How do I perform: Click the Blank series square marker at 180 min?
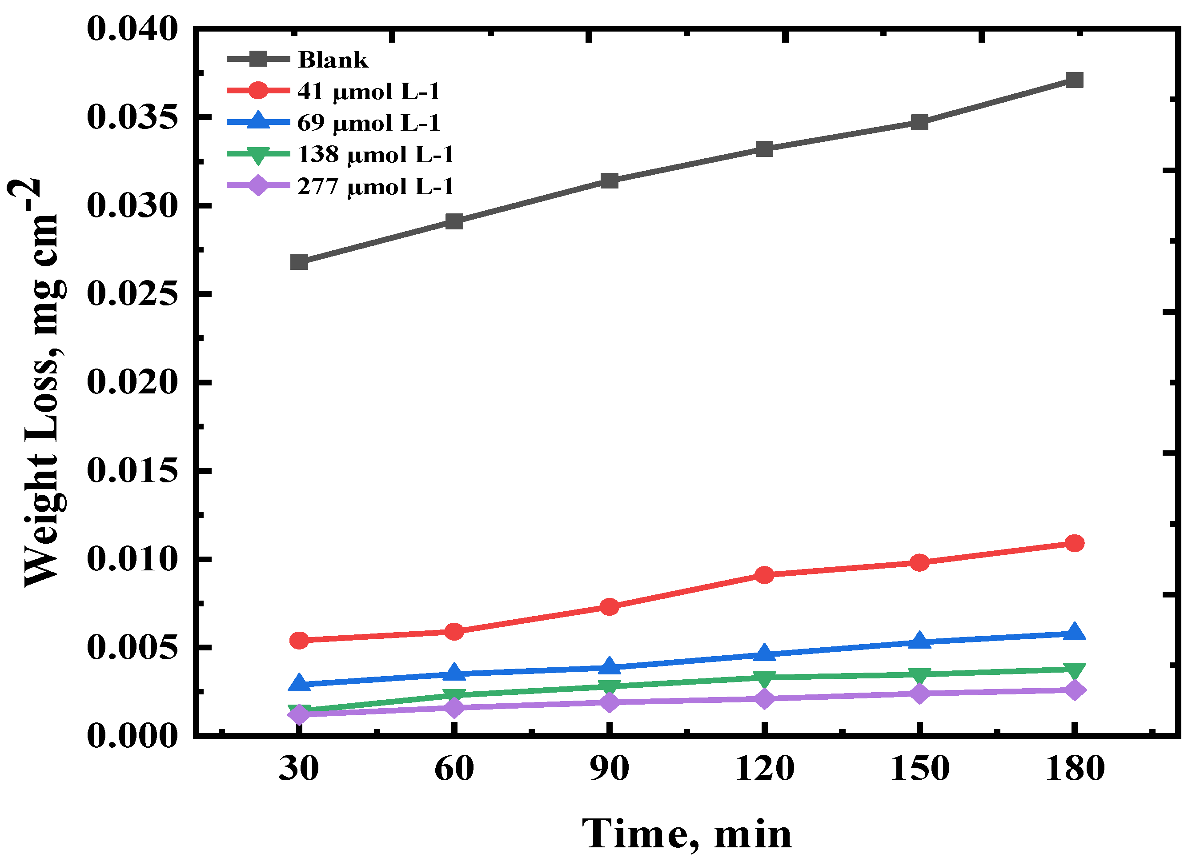tap(1074, 80)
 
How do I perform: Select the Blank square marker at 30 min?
tap(299, 262)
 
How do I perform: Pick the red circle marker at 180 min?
tap(1074, 543)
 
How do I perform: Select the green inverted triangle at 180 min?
tap(1074, 671)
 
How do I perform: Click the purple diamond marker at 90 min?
tap(609, 702)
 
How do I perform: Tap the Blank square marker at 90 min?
tap(609, 181)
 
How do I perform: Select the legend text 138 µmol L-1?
tap(375, 154)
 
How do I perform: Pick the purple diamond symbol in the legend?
tap(258, 185)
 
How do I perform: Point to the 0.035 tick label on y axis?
tap(132, 117)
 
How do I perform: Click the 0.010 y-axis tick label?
tap(132, 559)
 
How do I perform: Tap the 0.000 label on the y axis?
tap(132, 736)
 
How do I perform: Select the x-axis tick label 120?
tap(764, 768)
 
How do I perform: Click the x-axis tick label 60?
tap(454, 768)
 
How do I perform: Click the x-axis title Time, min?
tap(686, 834)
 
